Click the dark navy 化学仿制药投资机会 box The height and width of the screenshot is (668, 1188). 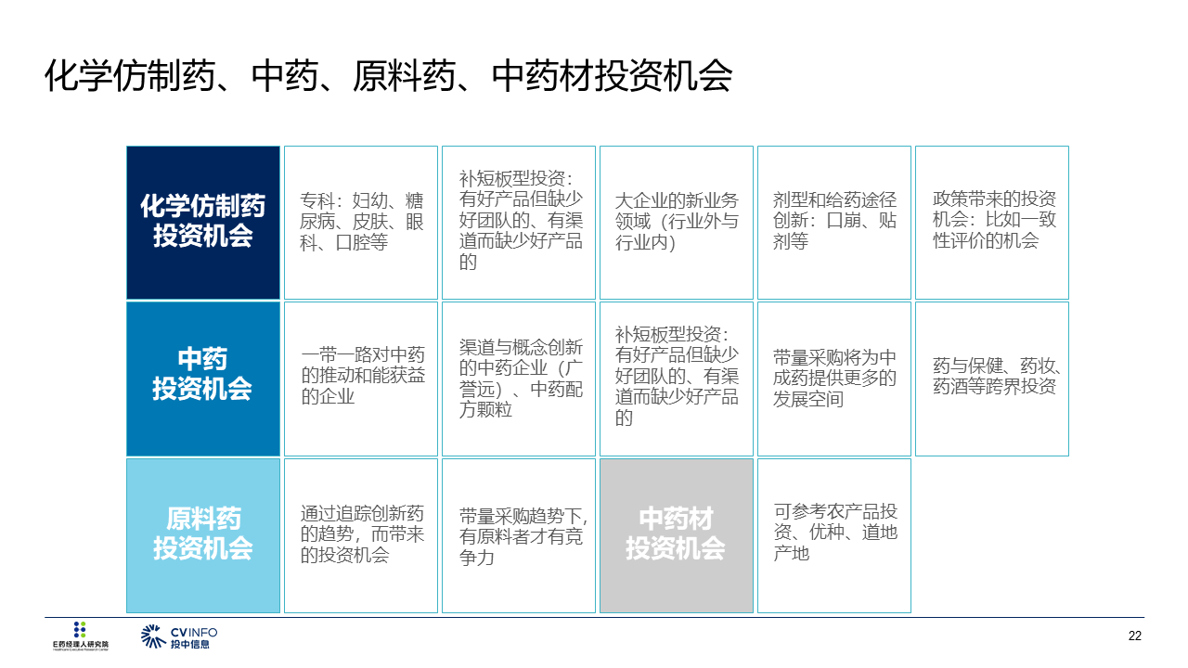coord(203,223)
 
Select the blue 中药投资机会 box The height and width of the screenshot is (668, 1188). coord(203,379)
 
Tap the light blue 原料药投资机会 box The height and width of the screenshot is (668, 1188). coord(203,535)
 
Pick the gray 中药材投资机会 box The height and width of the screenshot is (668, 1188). coord(677,535)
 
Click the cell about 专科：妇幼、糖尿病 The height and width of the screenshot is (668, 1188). coord(361,223)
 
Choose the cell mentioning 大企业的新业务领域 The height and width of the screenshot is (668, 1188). coord(677,223)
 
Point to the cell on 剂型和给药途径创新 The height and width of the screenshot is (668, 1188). coord(834,223)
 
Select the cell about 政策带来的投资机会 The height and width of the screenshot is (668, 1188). coord(992,223)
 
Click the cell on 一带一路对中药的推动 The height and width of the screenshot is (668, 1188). coord(361,379)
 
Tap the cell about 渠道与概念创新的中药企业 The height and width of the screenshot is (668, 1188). coord(519,379)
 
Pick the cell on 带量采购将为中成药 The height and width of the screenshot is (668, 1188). coord(834,379)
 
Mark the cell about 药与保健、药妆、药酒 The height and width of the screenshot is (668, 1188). coord(992,379)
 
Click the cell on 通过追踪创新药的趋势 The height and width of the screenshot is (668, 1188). coord(361,535)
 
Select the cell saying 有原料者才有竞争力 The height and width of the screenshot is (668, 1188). coord(519,535)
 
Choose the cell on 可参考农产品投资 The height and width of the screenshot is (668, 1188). coord(834,535)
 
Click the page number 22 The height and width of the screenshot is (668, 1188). coord(1134,636)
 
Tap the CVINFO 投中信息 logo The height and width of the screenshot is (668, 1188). coord(179,636)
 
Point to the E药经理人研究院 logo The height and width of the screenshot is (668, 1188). coord(80,636)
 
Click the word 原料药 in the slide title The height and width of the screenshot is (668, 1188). coord(404,76)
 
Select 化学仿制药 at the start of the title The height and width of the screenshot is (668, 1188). coord(131,76)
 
